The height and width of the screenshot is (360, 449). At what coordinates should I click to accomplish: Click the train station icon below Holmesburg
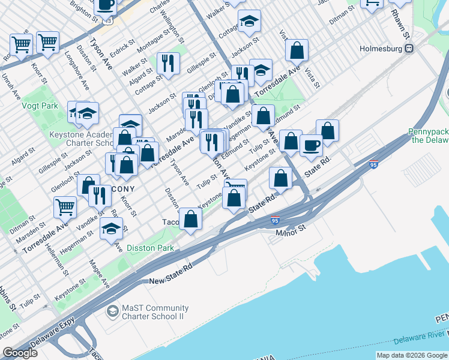(x=408, y=48)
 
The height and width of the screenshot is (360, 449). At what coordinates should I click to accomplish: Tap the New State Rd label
(x=171, y=274)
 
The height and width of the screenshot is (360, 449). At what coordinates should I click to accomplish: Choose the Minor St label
(x=291, y=228)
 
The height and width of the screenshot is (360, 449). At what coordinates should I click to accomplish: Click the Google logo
(x=20, y=353)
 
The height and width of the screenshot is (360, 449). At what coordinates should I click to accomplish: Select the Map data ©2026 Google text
(x=411, y=355)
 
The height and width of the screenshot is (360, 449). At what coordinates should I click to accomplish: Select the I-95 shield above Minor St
(x=275, y=220)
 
